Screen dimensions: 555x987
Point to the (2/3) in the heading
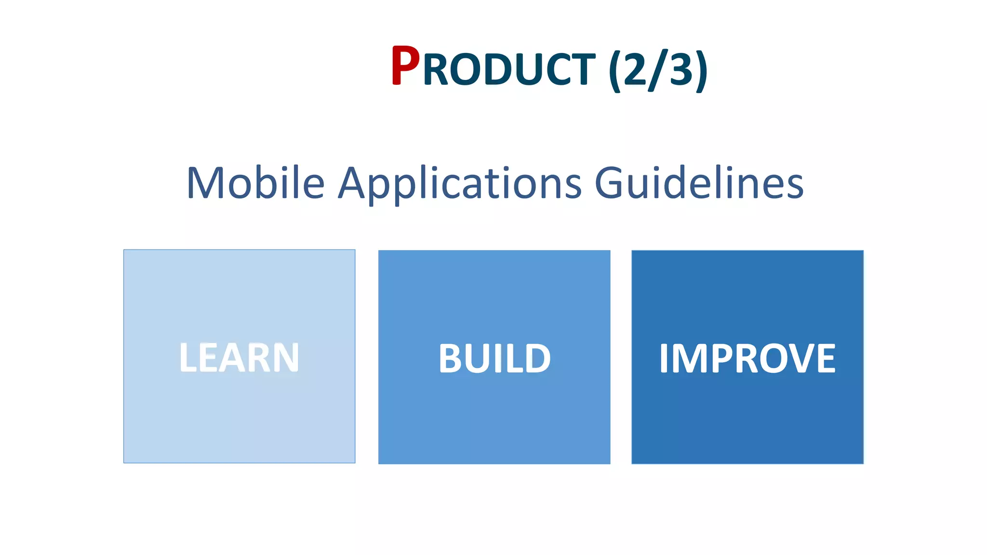[658, 70]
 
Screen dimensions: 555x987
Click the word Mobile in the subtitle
[255, 183]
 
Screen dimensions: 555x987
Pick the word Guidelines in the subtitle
[699, 183]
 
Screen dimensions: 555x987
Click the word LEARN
[239, 357]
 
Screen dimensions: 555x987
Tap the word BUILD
[494, 358]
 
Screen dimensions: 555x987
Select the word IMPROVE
[747, 358]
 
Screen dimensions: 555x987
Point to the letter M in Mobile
[204, 183]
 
